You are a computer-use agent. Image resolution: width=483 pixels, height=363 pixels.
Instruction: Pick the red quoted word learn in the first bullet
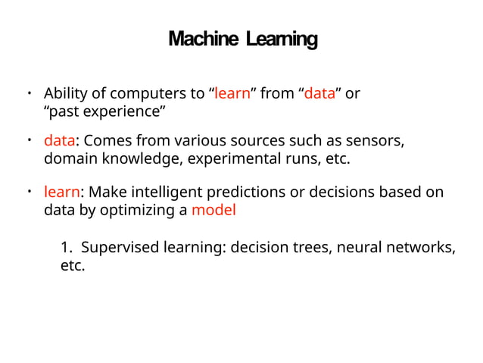pyautogui.click(x=232, y=94)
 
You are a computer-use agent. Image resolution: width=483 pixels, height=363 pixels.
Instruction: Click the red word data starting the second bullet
pyautogui.click(x=58, y=141)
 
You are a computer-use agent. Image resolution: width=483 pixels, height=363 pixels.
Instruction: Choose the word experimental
pyautogui.click(x=232, y=159)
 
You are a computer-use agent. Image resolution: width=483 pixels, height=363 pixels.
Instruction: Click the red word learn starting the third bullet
pyautogui.click(x=61, y=192)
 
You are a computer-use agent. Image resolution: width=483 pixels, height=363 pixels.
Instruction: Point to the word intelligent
pyautogui.click(x=185, y=192)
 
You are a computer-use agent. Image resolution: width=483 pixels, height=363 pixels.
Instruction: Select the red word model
pyautogui.click(x=213, y=210)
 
